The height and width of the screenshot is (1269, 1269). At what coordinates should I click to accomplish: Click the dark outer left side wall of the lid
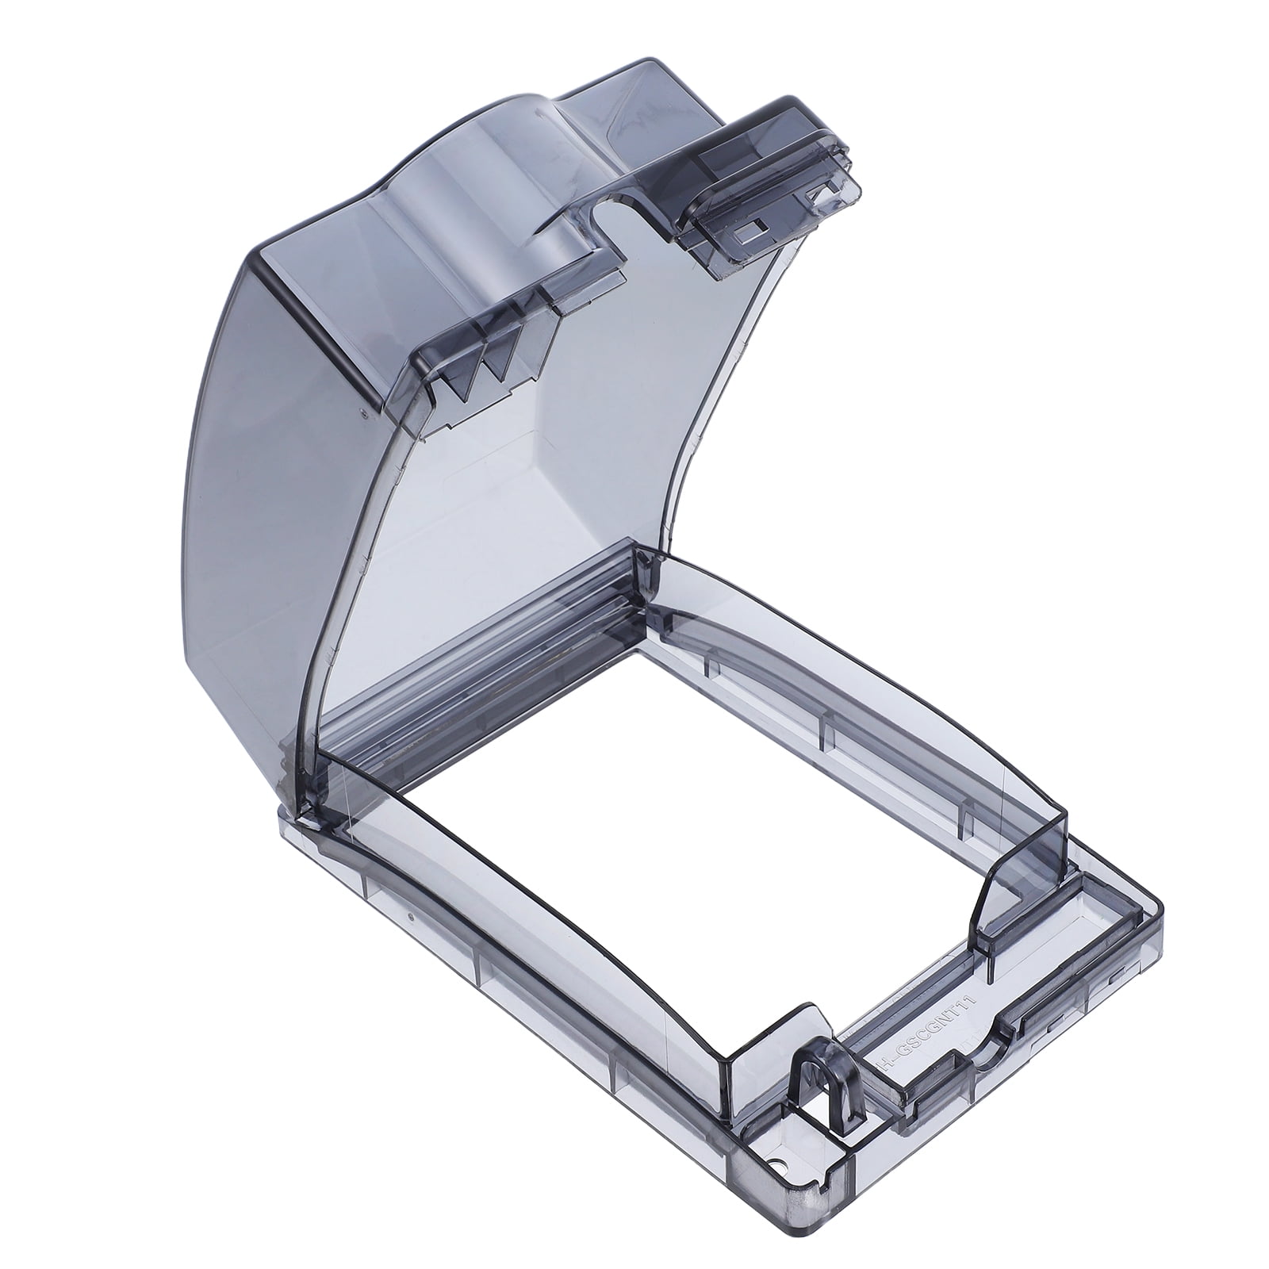pyautogui.click(x=262, y=476)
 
